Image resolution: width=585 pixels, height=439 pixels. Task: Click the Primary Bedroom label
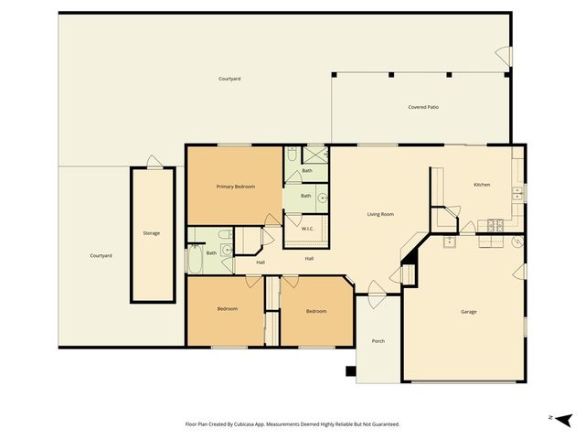tap(235, 187)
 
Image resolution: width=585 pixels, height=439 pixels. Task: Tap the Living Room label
tap(380, 214)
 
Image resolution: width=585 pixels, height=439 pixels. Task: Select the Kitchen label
tap(481, 185)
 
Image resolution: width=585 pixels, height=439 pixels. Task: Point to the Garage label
tap(468, 312)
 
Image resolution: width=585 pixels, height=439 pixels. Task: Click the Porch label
tap(378, 341)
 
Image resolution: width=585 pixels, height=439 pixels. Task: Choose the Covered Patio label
tap(423, 107)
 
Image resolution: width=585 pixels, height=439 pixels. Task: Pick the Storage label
tap(151, 233)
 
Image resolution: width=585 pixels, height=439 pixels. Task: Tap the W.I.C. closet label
tap(307, 229)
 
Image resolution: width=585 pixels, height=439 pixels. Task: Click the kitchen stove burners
tap(495, 225)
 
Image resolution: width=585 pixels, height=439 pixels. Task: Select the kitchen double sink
tap(517, 193)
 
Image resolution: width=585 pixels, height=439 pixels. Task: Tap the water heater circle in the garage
tap(517, 242)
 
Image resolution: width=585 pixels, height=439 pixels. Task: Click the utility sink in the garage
tap(450, 241)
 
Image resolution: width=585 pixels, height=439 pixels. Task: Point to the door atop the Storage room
tap(154, 163)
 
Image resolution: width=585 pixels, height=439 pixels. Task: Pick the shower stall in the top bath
tap(315, 155)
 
